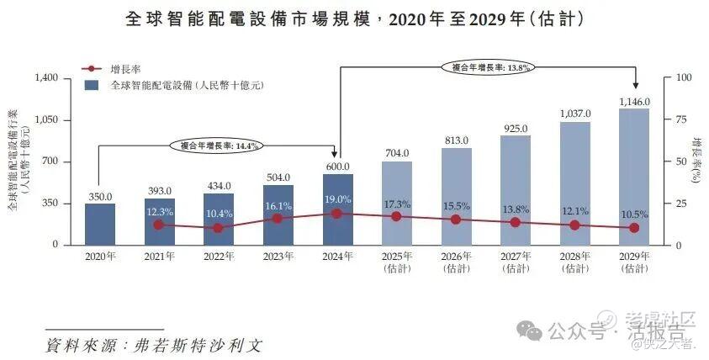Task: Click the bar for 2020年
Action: coord(99,224)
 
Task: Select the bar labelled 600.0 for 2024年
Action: coord(337,209)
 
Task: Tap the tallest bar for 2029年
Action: coord(634,177)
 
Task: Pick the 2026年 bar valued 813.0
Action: coord(456,197)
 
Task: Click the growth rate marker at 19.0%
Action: coord(337,214)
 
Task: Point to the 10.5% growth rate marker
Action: coord(634,228)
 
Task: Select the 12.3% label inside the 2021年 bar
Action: coord(159,212)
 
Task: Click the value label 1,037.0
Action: coord(575,114)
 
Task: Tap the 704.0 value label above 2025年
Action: coord(397,153)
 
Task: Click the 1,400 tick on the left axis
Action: coord(45,78)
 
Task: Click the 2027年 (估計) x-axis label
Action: coord(516,262)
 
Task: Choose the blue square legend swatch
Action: coord(92,85)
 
